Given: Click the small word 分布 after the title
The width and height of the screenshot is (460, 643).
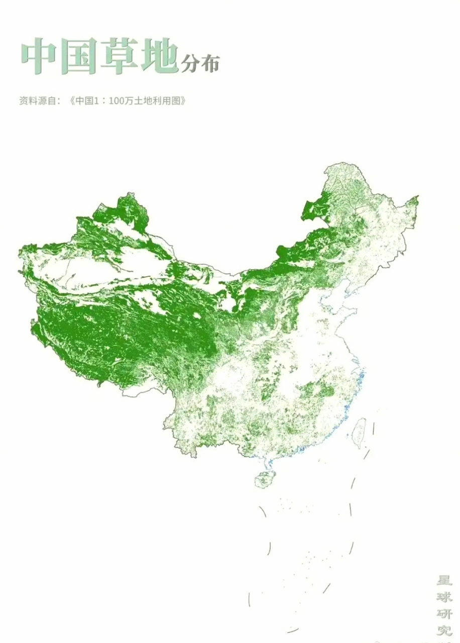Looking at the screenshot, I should (200, 64).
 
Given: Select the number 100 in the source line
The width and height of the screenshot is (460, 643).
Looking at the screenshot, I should (116, 100).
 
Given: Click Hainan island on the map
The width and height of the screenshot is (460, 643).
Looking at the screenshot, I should (264, 479).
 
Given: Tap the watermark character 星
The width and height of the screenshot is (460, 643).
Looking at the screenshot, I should (444, 581).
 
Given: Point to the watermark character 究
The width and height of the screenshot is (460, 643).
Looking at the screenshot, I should (444, 631).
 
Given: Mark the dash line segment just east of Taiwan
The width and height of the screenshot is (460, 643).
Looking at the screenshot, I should (373, 429).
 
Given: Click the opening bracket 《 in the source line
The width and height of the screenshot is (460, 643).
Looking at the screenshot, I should (72, 100).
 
